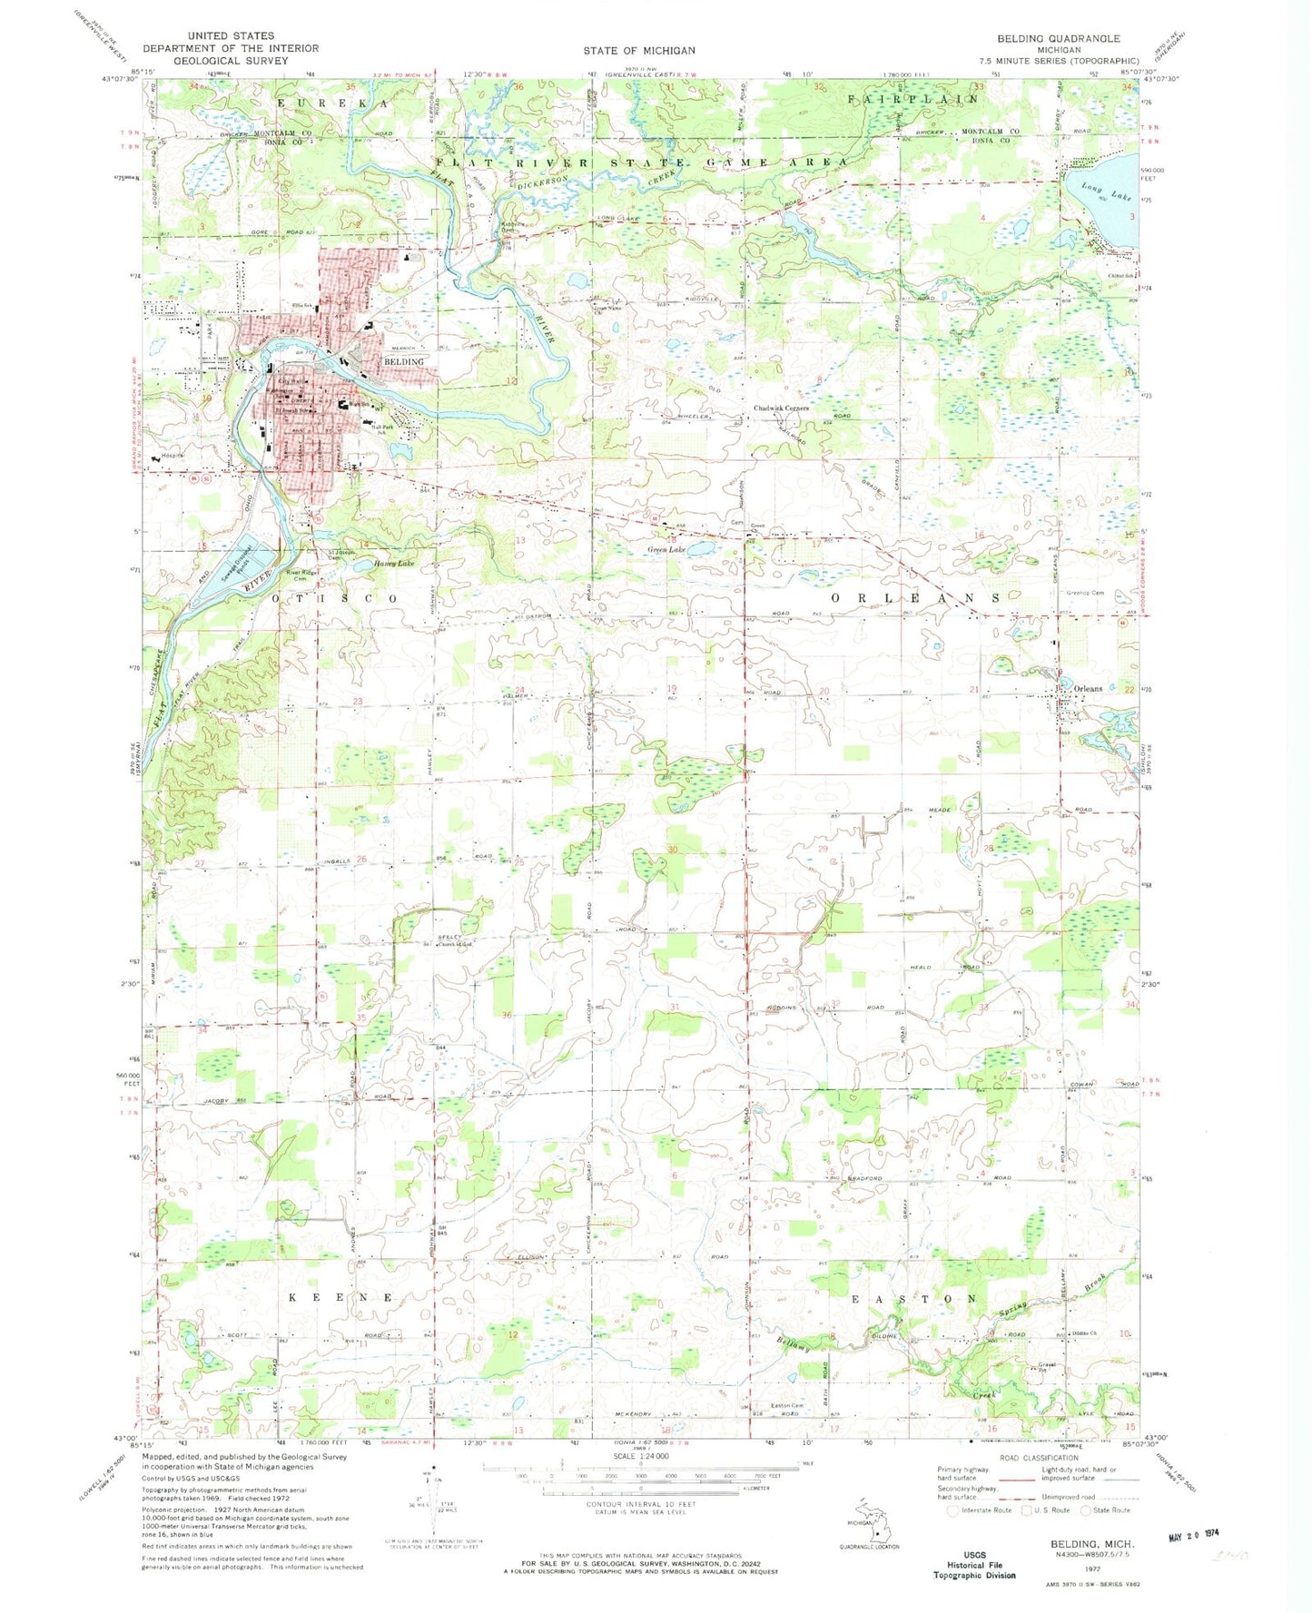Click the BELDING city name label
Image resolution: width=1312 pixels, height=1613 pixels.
click(x=403, y=361)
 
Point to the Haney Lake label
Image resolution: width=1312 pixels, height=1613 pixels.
click(x=393, y=564)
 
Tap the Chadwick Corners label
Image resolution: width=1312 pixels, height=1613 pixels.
click(x=781, y=408)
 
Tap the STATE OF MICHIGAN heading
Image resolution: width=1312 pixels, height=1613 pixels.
click(x=639, y=51)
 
